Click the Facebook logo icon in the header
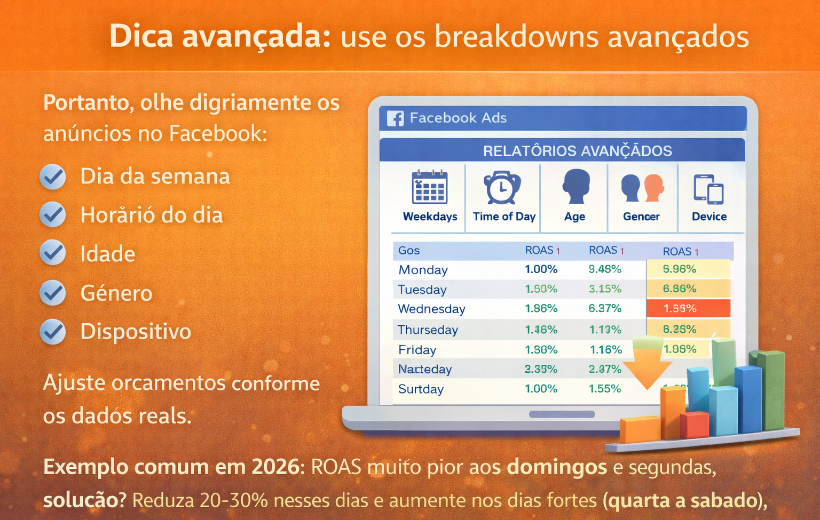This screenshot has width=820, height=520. (395, 118)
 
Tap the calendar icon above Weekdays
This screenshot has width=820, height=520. (430, 187)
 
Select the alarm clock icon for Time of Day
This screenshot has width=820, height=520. (502, 188)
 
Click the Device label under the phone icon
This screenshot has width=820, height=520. (709, 217)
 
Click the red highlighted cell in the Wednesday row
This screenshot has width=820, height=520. (688, 308)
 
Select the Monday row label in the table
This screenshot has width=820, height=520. (423, 270)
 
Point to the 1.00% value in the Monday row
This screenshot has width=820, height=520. (541, 269)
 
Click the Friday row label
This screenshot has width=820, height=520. (417, 350)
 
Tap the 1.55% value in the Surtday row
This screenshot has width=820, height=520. (604, 389)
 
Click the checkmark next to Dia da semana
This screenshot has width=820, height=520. (53, 177)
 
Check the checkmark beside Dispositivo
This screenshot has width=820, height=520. (53, 332)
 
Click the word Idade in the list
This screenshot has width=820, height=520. (107, 254)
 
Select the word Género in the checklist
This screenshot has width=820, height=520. (116, 293)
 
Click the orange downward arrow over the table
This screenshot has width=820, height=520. (646, 365)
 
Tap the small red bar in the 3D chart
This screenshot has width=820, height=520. (695, 425)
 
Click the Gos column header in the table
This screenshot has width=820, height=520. (409, 250)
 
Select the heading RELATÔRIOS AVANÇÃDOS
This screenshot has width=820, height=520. (577, 151)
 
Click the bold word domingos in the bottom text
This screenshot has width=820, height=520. (556, 467)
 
